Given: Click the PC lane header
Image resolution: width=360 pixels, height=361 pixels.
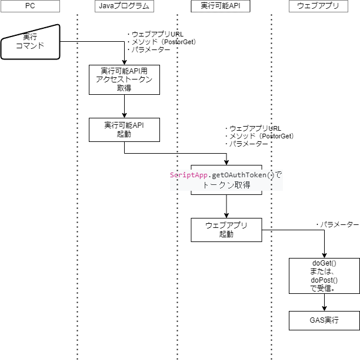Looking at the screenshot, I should (30, 7).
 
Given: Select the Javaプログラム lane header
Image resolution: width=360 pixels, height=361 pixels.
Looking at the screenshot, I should (124, 7).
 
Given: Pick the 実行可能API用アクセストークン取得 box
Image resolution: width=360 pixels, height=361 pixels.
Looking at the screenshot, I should (124, 80).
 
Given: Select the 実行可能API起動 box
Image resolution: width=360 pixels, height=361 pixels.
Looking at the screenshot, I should (124, 130).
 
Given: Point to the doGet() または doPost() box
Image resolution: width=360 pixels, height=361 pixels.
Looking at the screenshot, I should (324, 275).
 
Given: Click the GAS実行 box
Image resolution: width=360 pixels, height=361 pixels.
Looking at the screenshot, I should (324, 321).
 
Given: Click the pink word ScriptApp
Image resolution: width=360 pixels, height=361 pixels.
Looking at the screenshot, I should (189, 175).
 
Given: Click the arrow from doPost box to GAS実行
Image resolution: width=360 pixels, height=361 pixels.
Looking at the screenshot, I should (324, 302).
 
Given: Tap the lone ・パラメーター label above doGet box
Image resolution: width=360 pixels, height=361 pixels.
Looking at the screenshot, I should (337, 225).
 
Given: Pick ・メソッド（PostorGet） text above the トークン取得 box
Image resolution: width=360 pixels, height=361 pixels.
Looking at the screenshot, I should (259, 136).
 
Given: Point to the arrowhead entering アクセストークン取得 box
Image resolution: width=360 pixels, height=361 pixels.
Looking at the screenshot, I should (124, 62).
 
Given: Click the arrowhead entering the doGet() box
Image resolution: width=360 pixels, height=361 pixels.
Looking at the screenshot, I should (324, 254).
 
